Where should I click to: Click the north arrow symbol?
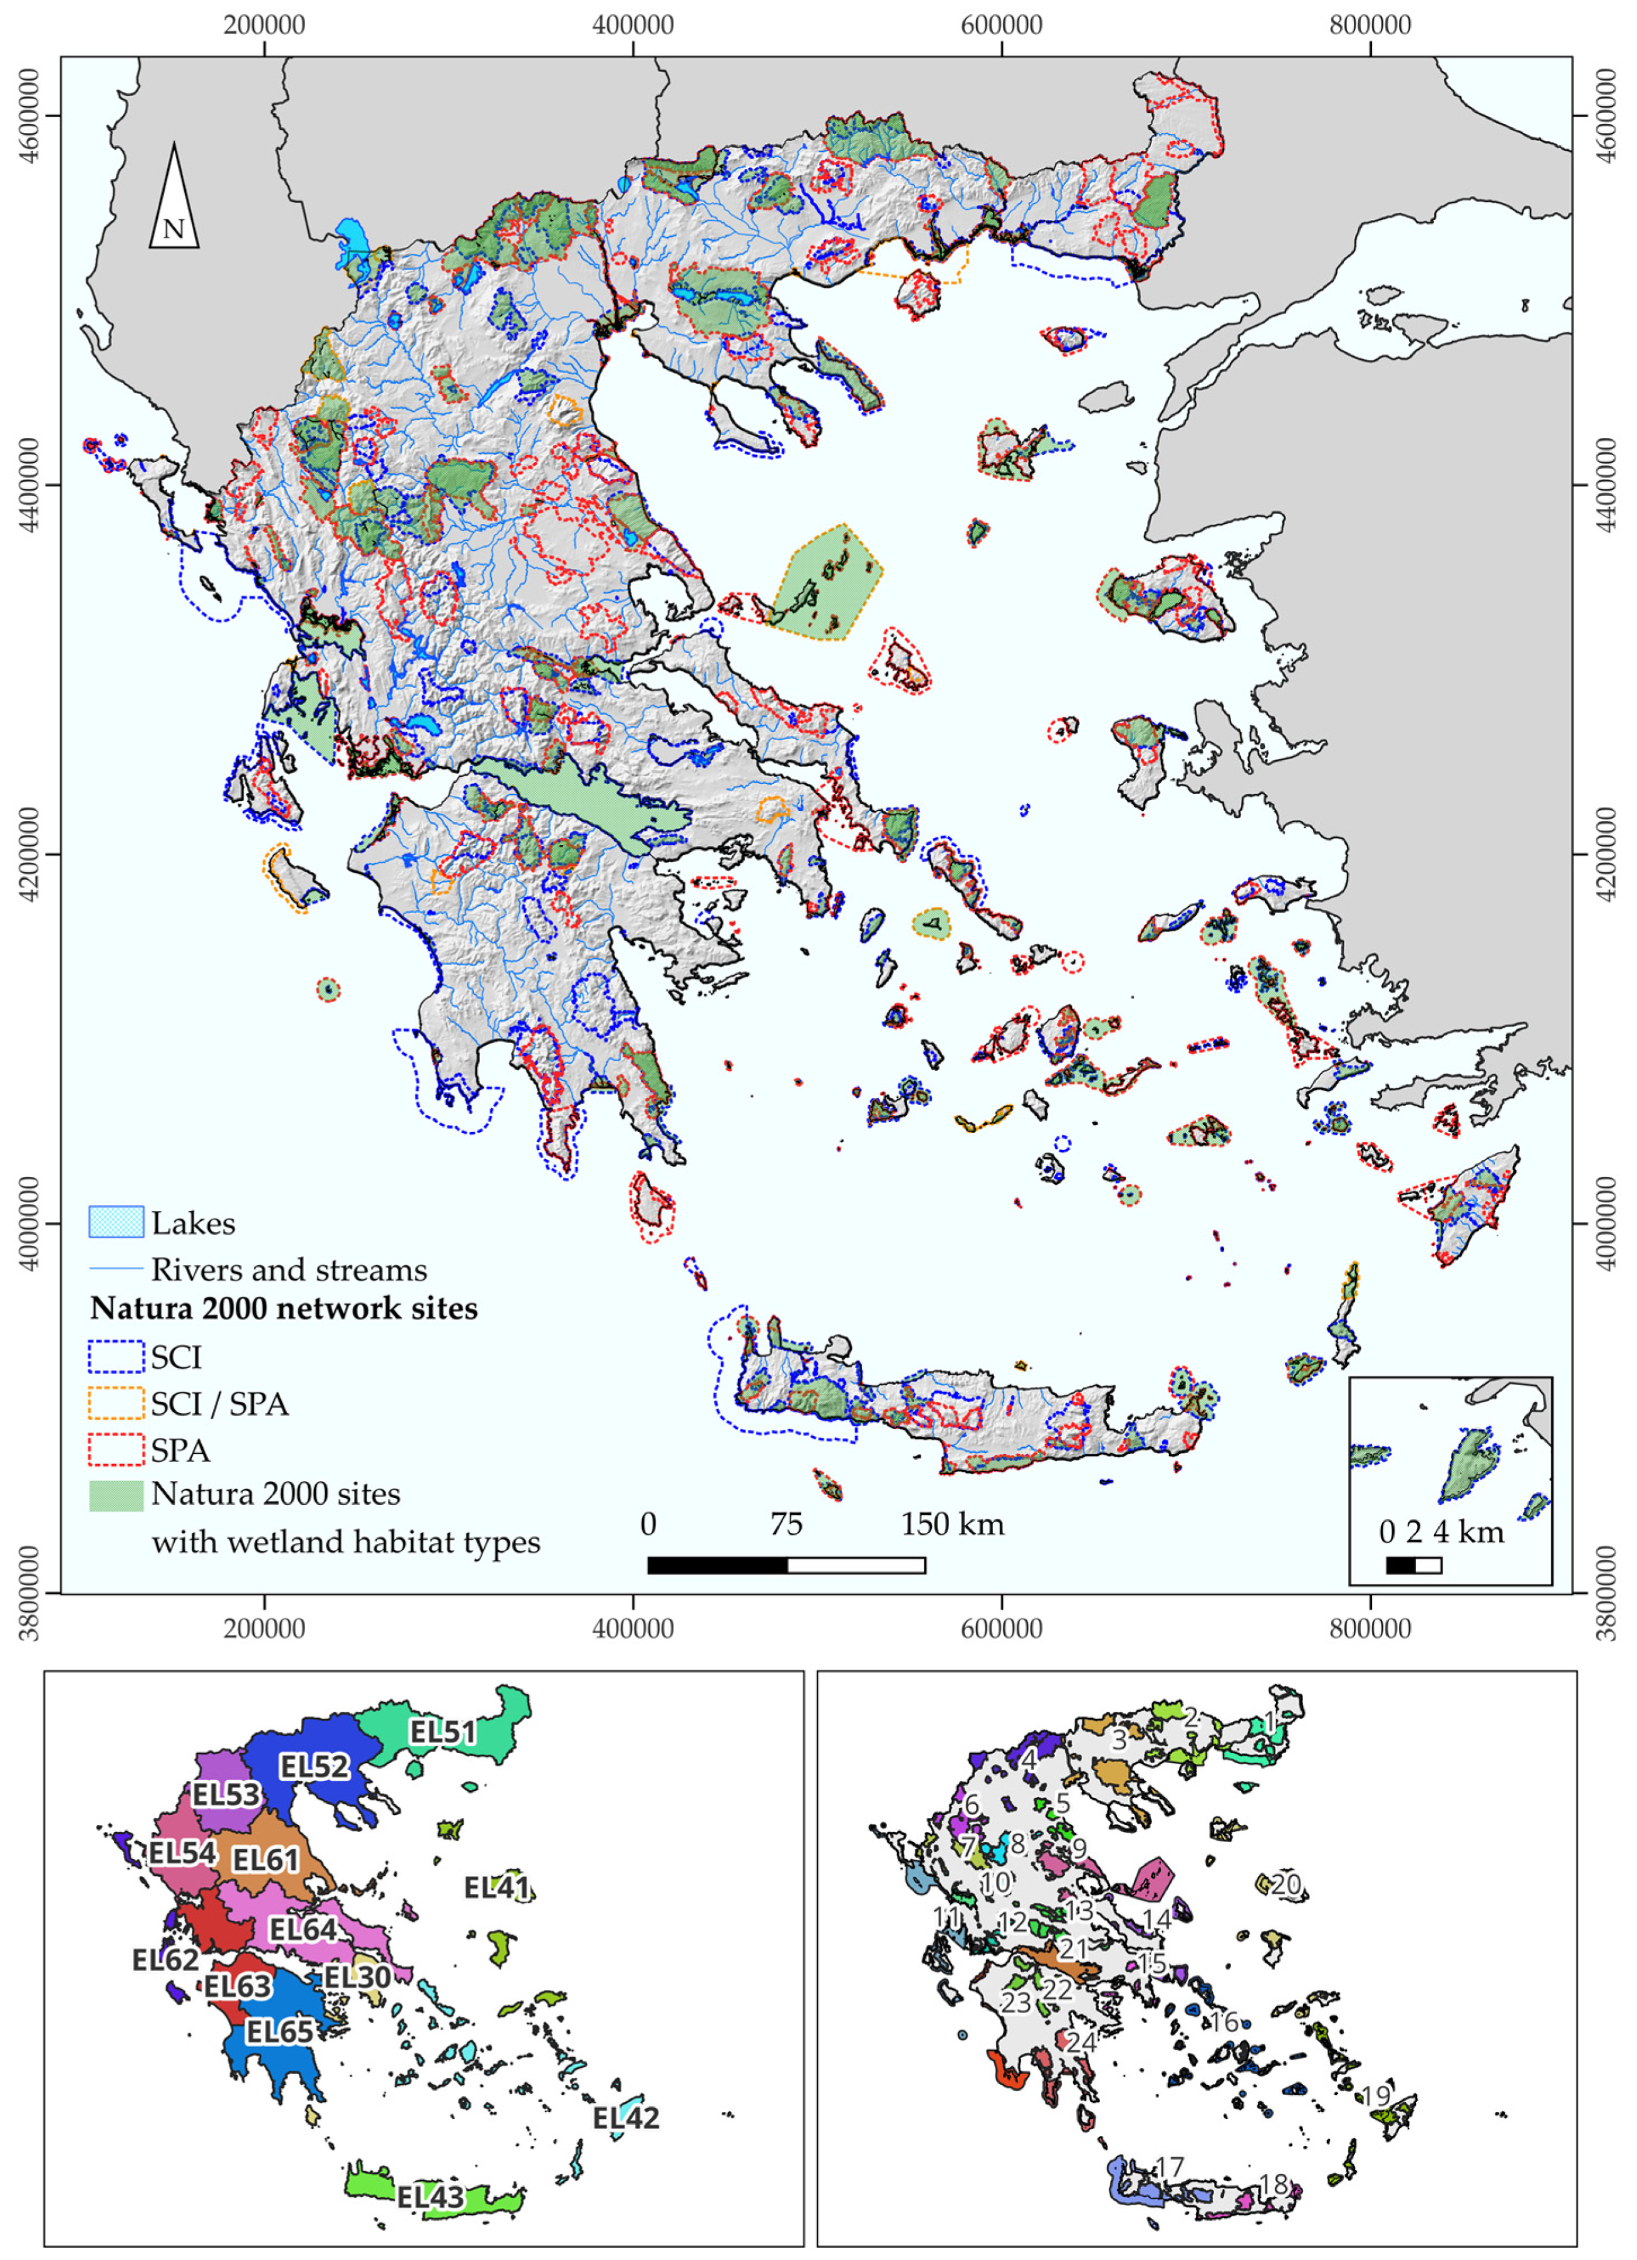(174, 198)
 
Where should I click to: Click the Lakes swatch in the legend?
(117, 1222)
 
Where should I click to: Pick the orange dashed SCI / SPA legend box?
(117, 1403)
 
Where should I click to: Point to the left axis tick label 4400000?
(29, 485)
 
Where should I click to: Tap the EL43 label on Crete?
(430, 2196)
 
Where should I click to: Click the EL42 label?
(626, 2118)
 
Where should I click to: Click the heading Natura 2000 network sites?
(284, 1309)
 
